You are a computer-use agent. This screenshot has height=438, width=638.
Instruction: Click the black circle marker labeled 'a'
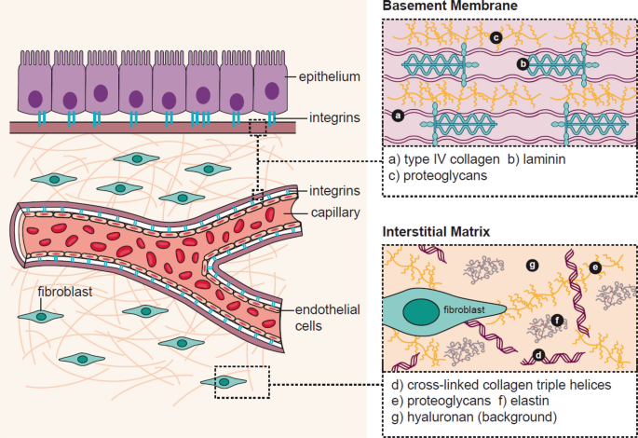coord(398,116)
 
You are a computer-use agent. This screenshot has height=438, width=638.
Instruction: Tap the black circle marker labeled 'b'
coord(523,64)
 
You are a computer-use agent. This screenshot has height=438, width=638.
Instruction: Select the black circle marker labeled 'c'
coord(496,37)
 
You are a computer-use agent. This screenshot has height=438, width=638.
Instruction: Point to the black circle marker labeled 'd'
coord(538,353)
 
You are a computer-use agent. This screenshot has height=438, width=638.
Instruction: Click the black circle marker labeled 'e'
coord(596,267)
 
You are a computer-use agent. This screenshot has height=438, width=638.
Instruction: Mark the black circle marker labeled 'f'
coord(557,320)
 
